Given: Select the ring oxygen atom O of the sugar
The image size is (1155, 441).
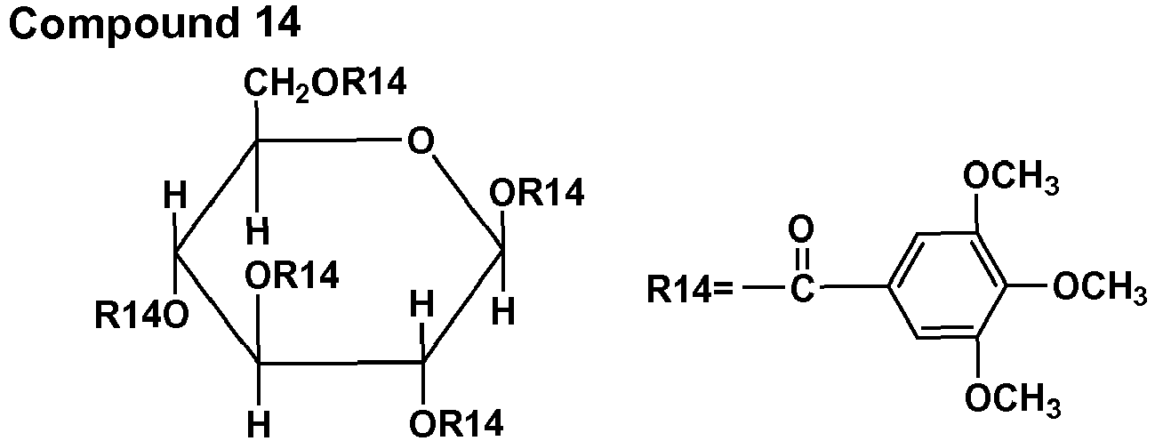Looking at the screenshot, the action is [417, 141].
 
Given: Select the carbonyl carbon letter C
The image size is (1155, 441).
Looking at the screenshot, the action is [801, 289].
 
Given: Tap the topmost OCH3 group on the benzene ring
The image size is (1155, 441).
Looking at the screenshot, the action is [1011, 178].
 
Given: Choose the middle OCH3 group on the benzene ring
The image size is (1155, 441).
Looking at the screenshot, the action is [1097, 287].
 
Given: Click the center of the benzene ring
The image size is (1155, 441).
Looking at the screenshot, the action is [948, 287].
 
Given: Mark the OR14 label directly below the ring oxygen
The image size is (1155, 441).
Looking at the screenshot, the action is [539, 194].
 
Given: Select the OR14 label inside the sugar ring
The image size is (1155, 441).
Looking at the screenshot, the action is [292, 277].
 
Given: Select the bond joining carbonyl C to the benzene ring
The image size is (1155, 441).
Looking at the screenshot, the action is [853, 288].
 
